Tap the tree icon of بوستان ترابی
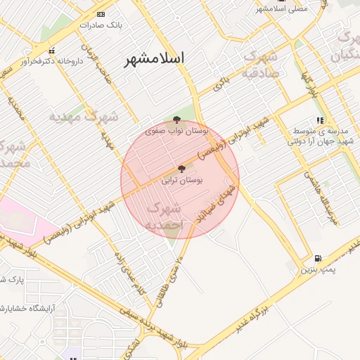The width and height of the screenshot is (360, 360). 182,169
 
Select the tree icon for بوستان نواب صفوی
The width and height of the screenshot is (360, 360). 176,120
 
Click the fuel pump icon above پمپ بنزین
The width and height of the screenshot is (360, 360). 319,259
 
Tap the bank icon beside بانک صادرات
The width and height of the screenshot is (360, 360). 101,14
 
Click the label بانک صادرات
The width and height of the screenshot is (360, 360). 101,25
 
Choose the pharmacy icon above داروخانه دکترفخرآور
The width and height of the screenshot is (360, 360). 51,51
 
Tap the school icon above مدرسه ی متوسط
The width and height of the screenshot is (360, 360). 320,120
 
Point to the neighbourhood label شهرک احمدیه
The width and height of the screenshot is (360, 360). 164,217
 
